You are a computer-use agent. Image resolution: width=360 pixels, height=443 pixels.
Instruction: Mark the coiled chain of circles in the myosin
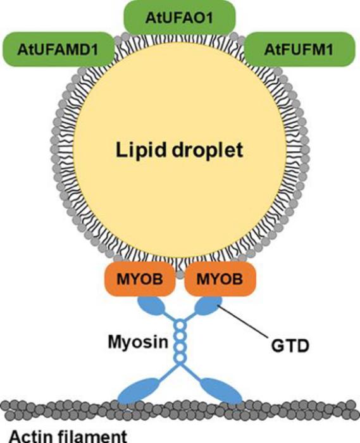tap(180, 342)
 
